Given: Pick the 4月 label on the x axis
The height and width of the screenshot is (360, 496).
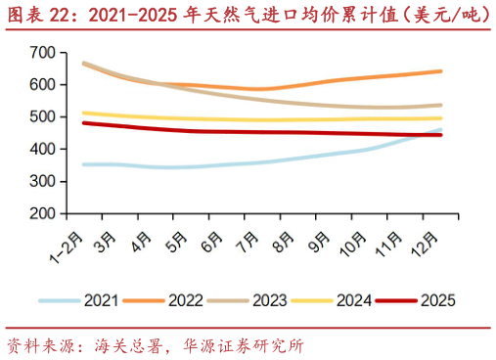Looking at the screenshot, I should pos(142,238).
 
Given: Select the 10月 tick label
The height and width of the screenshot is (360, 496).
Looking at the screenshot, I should pos(357,240).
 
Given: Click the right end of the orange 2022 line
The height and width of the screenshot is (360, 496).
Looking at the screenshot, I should pos(441,70).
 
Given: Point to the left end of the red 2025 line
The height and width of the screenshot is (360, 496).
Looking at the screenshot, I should pos(83,122).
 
